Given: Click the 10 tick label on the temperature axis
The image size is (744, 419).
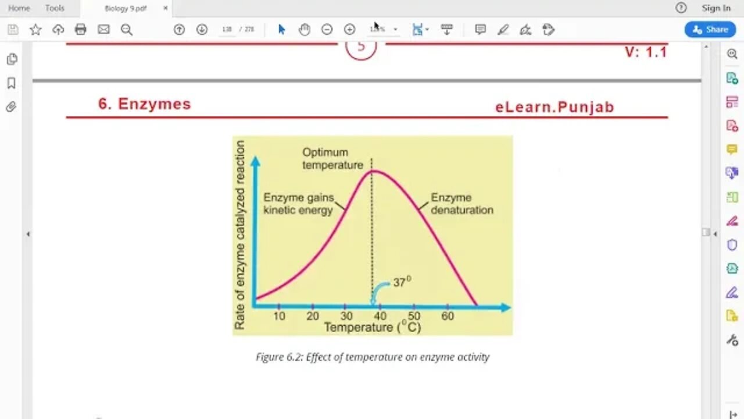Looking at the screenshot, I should point(279,316).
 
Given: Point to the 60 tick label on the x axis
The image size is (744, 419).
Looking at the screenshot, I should point(447,316).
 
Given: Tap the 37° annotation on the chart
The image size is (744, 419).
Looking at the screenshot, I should point(402,282).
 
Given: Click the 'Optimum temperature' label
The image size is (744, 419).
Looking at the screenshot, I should point(332,158).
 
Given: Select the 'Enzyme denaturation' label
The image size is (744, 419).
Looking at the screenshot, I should point(462,204).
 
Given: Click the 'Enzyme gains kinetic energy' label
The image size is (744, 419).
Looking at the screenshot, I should point(298,204).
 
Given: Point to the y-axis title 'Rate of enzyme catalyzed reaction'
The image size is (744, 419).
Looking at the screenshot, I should point(239,235).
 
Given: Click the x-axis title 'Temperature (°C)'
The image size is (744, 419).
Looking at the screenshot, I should point(372,328).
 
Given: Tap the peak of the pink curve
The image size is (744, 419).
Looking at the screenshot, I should point(373,171).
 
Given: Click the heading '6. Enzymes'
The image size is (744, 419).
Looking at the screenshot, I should point(144,104).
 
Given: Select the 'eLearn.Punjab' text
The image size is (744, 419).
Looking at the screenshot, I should point(555,107).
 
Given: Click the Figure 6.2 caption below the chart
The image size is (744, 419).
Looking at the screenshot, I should point(373,357).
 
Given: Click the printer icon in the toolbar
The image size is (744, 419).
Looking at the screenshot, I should point(81,30).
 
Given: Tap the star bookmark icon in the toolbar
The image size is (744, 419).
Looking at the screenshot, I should point(35,30).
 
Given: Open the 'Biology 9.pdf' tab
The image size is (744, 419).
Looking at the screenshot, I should point(125,8).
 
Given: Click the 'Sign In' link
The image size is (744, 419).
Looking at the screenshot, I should point(716,8).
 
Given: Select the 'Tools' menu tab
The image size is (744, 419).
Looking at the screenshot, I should point(55,8).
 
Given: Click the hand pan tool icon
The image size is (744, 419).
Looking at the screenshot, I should point(305,30).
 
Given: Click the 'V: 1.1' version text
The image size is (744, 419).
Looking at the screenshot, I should point(645,52).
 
